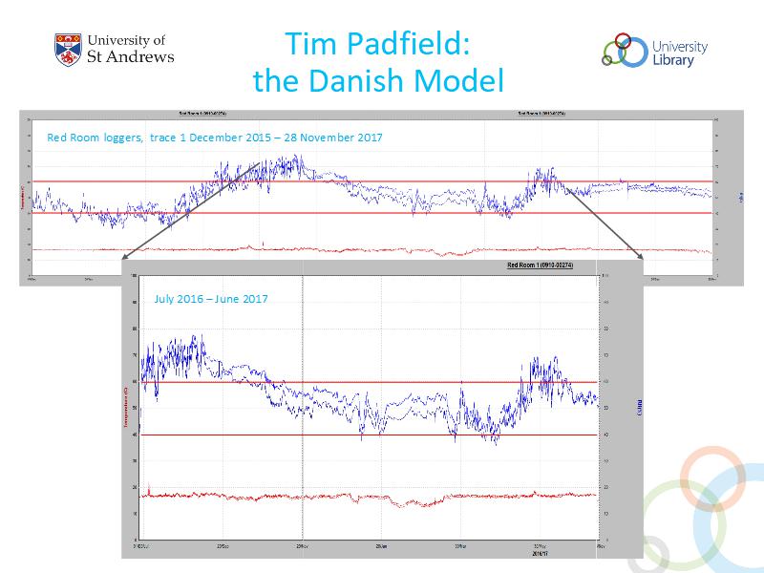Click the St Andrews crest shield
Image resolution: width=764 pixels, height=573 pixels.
[68, 50]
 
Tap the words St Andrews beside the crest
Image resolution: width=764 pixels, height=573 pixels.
[131, 56]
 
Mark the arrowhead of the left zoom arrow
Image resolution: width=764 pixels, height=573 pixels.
[128, 256]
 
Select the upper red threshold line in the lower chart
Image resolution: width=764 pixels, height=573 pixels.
[382, 382]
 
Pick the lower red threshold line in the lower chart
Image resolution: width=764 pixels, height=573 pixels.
[286, 435]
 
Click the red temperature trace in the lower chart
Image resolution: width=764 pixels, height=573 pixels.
[286, 497]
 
